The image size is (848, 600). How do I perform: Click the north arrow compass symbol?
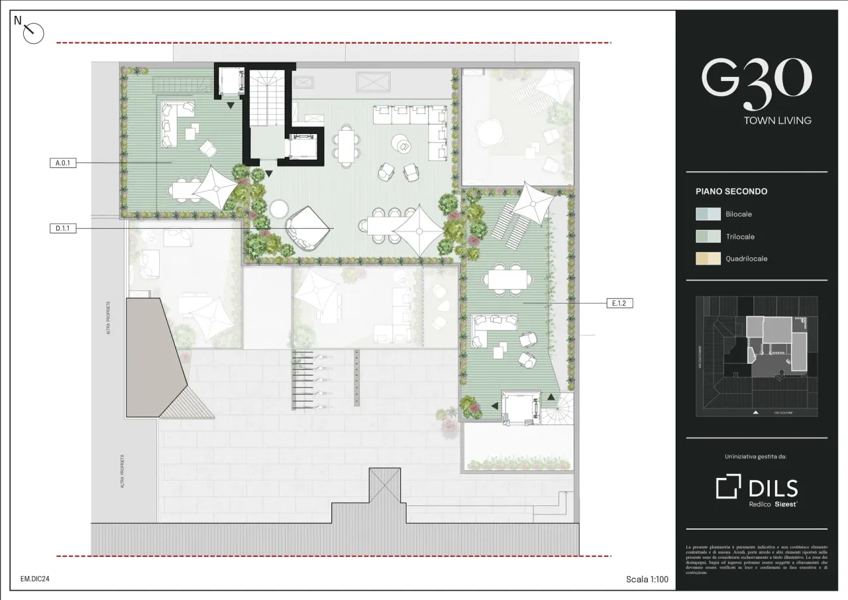click(x=32, y=32)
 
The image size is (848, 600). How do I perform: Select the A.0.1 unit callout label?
click(x=63, y=162)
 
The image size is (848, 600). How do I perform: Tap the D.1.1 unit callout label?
click(x=63, y=228)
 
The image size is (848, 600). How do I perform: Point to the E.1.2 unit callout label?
click(x=619, y=303)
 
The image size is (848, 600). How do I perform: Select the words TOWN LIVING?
click(x=777, y=121)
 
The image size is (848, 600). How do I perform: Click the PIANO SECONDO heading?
click(x=731, y=192)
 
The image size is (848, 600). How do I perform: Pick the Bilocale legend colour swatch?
click(x=708, y=214)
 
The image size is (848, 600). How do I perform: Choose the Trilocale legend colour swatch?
click(x=708, y=237)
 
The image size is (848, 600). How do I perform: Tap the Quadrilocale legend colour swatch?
click(x=708, y=259)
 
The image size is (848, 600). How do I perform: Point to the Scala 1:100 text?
click(x=647, y=579)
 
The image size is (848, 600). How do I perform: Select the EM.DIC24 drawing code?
click(x=35, y=579)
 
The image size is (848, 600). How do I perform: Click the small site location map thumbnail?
click(x=757, y=357)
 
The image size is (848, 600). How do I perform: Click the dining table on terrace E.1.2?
click(x=507, y=279)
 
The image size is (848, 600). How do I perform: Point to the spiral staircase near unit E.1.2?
click(x=556, y=408)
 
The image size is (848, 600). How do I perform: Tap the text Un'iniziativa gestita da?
click(x=757, y=457)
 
